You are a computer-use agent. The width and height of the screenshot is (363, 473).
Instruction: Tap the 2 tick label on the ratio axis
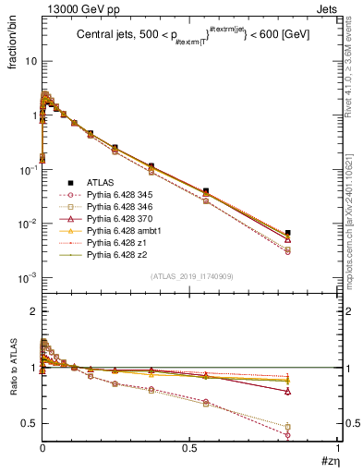[x=33, y=311]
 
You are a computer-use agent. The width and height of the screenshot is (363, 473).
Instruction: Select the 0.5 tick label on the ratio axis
[x=29, y=423]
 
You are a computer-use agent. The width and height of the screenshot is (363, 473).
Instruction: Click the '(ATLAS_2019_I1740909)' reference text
[x=190, y=277]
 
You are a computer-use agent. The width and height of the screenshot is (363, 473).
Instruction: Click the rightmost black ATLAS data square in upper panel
[x=314, y=233]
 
